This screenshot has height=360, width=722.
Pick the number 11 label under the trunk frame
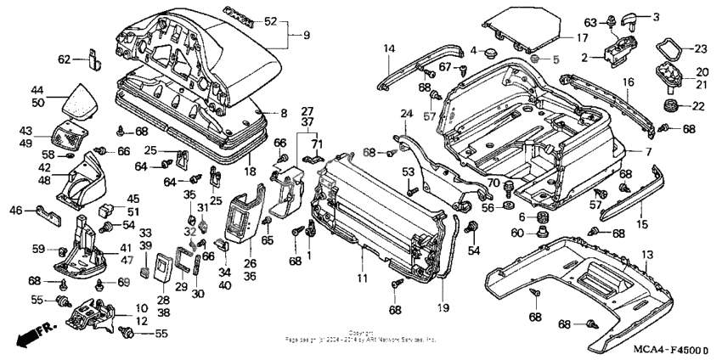click(x=362, y=278)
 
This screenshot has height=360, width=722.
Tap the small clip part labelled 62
click(x=93, y=60)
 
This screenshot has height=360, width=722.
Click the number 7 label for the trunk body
click(x=647, y=152)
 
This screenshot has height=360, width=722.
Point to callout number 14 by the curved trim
click(x=388, y=49)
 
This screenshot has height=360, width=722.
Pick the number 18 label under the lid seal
click(x=251, y=171)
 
